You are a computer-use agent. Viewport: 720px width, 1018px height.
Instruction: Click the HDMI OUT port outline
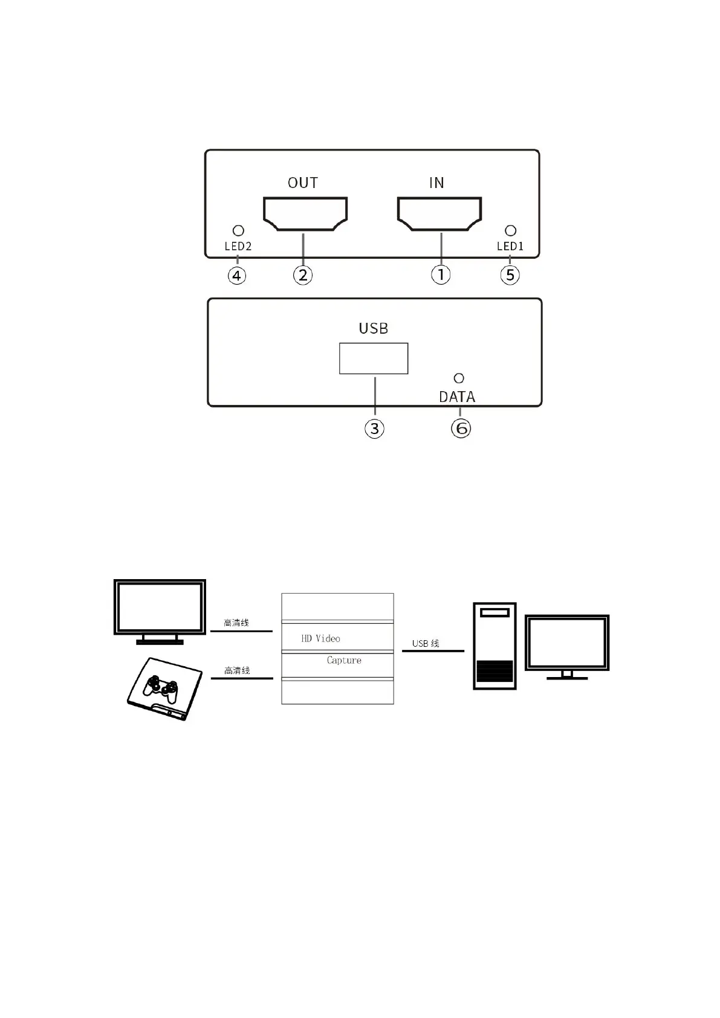click(305, 213)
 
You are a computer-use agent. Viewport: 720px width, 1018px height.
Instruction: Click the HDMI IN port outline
click(439, 213)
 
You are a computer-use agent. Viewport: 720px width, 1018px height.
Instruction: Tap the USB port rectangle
click(374, 358)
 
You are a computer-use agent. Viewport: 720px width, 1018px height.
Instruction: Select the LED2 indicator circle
click(238, 230)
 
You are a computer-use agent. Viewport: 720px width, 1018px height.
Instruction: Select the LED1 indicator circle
click(510, 230)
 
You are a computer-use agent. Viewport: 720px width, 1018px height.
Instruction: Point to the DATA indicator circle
click(459, 378)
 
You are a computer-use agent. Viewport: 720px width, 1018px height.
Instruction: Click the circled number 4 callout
click(237, 276)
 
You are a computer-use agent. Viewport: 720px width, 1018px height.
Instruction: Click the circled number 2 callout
click(303, 275)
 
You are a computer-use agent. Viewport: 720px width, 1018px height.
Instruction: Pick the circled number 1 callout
click(441, 274)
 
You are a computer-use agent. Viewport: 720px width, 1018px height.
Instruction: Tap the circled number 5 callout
click(510, 275)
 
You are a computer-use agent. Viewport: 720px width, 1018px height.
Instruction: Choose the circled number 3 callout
click(374, 429)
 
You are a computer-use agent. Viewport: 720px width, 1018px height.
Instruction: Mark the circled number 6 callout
click(461, 429)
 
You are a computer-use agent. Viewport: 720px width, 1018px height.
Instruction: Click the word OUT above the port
click(302, 183)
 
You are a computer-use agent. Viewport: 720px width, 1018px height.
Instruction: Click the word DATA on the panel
click(457, 397)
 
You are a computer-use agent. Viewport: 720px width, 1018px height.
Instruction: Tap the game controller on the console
click(160, 689)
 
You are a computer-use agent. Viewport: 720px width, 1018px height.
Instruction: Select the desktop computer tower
click(495, 646)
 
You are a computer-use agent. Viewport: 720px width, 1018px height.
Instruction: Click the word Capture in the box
click(344, 660)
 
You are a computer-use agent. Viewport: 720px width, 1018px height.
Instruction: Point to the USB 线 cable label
click(426, 644)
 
